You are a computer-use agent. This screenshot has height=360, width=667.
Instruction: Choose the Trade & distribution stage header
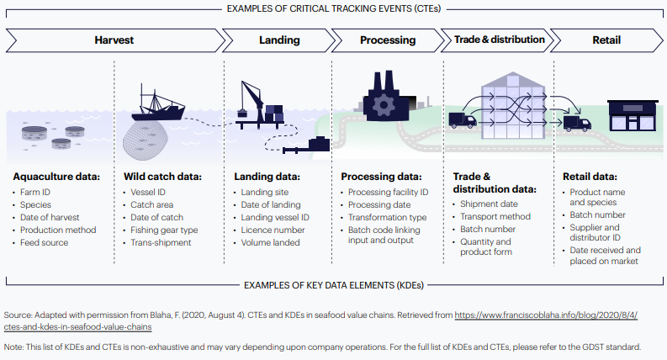tap(499, 40)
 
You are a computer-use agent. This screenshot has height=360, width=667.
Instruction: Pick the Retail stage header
tap(607, 40)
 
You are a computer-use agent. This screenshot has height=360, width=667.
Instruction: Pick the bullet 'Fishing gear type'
tap(163, 230)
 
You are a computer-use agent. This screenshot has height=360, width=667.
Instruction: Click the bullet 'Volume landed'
tap(271, 243)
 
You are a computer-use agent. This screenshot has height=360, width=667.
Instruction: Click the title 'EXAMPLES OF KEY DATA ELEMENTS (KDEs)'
tap(333, 286)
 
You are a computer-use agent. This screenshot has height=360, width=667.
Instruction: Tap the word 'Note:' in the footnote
tap(16, 346)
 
